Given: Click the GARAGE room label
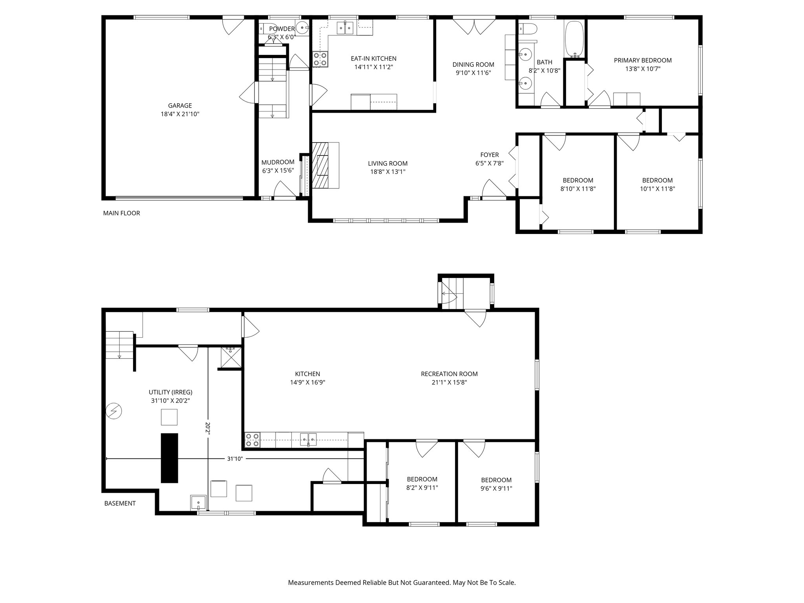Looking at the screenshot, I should coord(180,105).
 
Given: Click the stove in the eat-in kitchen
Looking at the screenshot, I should coord(320,59).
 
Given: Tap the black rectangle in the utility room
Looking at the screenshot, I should coord(169,458).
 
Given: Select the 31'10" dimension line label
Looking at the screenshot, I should coord(235,459).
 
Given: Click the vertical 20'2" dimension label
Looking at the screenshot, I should coord(208,428).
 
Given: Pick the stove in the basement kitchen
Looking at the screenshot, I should coord(252,440).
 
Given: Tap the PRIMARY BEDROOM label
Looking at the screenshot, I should coord(642,60).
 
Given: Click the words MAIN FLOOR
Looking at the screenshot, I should coord(121,213).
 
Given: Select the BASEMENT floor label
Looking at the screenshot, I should coord(120,503).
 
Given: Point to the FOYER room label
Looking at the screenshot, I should coord(489,155).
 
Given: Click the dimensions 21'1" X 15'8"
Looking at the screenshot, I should coord(449,382).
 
